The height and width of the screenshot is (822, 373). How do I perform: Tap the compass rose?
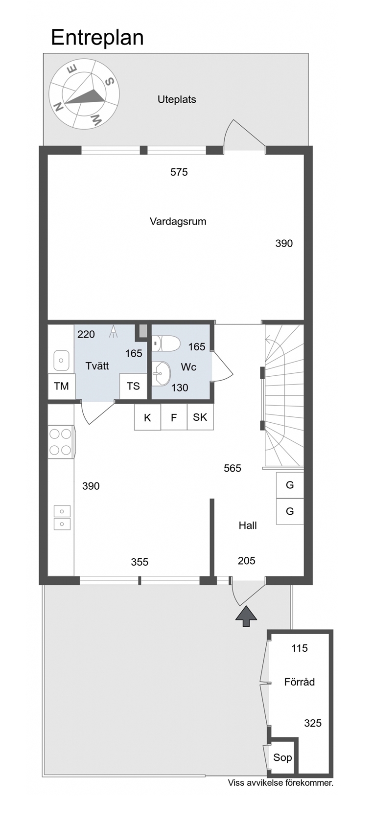tap(84, 95)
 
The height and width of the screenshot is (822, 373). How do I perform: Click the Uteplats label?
tap(177, 99)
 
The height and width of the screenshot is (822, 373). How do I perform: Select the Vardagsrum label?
tap(178, 222)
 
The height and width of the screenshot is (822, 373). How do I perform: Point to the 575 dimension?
tap(179, 172)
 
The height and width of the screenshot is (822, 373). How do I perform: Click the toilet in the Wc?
tap(165, 343)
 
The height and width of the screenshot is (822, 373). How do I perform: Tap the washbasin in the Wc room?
tap(161, 373)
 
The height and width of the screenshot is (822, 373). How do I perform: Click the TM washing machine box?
tap(61, 387)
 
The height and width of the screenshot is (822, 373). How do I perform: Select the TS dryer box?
tap(133, 386)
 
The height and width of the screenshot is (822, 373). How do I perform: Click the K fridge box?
tap(148, 417)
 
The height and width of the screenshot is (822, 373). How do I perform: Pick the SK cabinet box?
tap(200, 417)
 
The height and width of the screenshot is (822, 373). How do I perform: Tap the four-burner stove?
tap(61, 442)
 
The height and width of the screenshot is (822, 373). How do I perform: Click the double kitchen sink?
tap(62, 518)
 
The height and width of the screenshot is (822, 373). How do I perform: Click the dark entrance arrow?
tap(246, 616)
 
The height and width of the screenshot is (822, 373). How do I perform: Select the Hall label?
tap(248, 525)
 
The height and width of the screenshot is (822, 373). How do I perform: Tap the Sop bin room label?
tap(283, 757)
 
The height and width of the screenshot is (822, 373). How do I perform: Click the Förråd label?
tap(300, 682)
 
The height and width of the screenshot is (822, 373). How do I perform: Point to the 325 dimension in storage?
tap(313, 723)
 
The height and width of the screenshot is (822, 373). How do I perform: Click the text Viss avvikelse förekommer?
tap(281, 783)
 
